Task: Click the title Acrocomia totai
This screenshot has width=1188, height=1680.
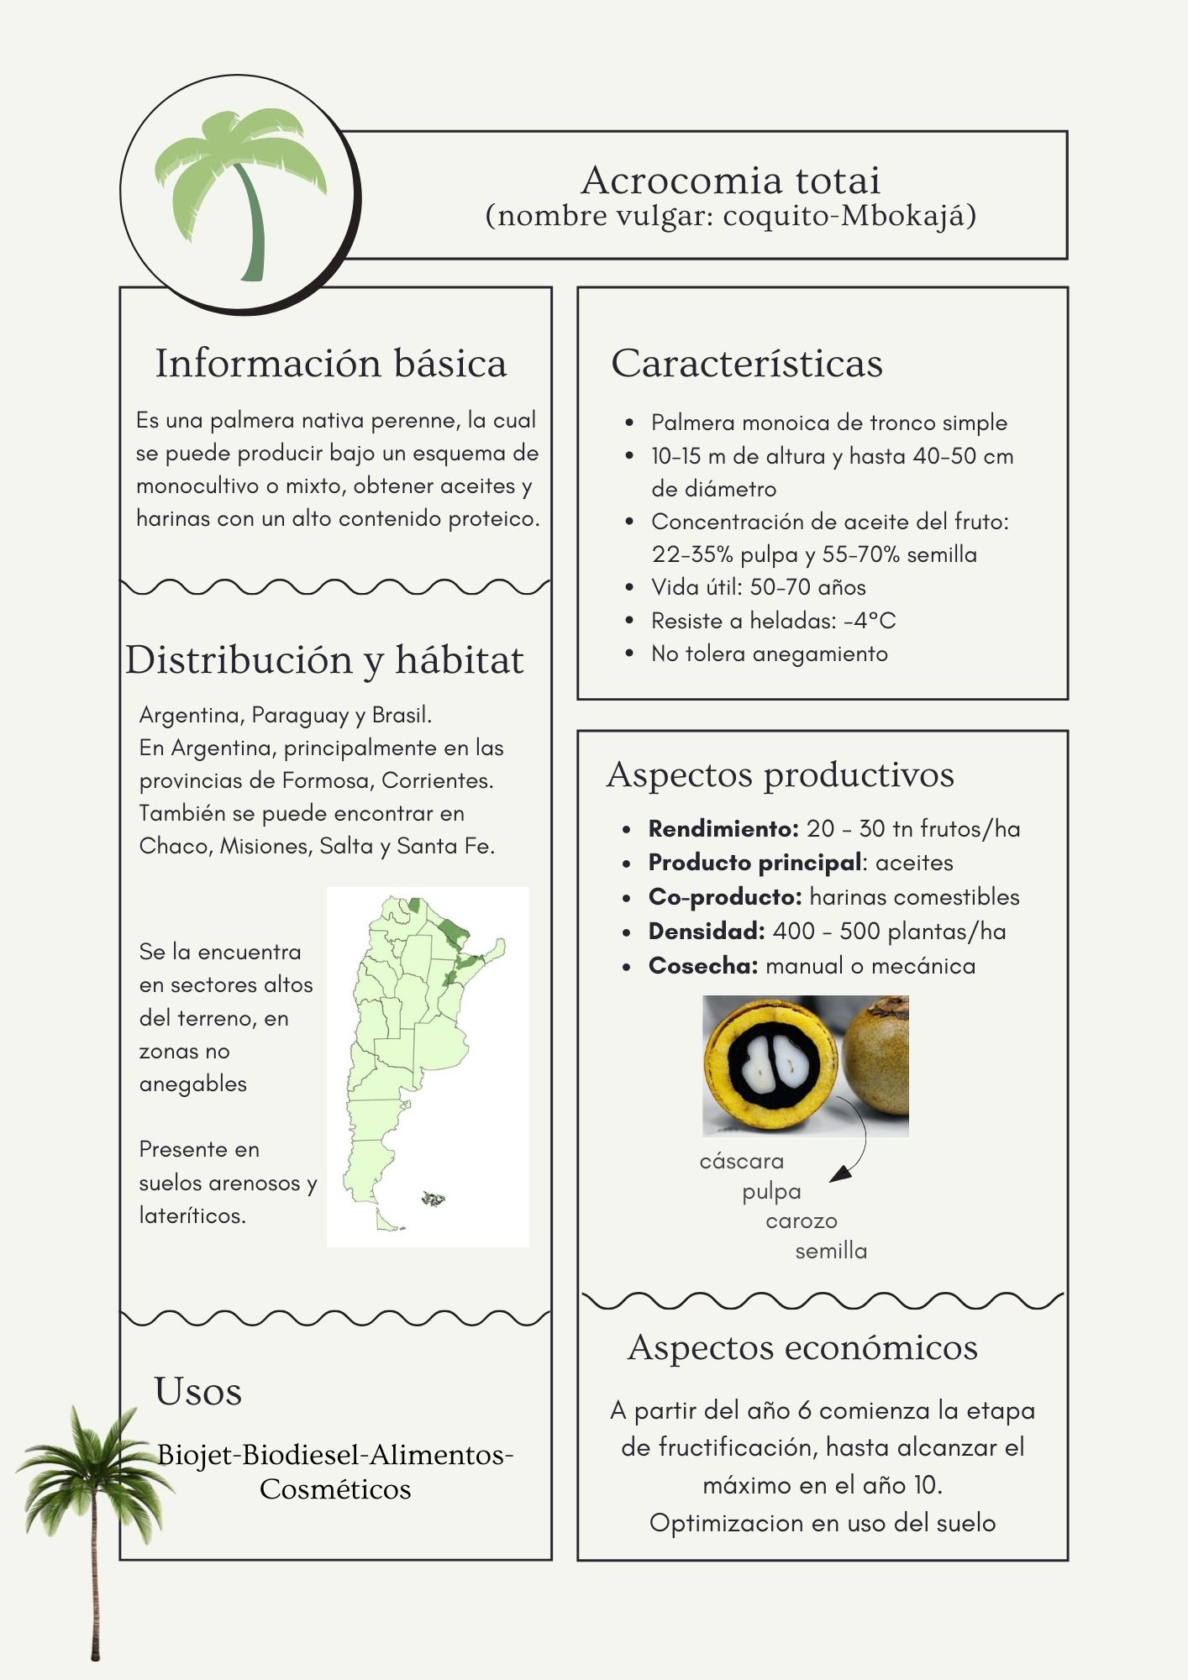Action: click(730, 181)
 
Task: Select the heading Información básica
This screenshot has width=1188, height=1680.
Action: click(331, 364)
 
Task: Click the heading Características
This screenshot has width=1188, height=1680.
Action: click(747, 364)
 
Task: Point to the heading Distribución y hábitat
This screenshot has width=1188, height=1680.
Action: click(324, 660)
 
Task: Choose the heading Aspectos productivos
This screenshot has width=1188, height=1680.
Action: click(781, 774)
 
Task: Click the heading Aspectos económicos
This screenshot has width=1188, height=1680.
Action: click(802, 1347)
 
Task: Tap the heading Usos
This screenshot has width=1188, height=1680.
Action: click(197, 1392)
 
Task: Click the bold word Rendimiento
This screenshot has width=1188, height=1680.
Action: click(723, 829)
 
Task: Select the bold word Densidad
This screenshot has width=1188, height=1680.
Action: click(706, 932)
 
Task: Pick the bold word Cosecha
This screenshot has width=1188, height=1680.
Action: click(702, 966)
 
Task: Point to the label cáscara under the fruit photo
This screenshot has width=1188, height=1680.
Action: click(741, 1162)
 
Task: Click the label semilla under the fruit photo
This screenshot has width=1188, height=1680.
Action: click(831, 1252)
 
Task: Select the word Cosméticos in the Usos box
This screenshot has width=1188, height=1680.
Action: click(335, 1489)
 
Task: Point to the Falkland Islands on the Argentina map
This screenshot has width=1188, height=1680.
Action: click(434, 1199)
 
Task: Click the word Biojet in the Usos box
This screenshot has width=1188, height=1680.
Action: click(197, 1455)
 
